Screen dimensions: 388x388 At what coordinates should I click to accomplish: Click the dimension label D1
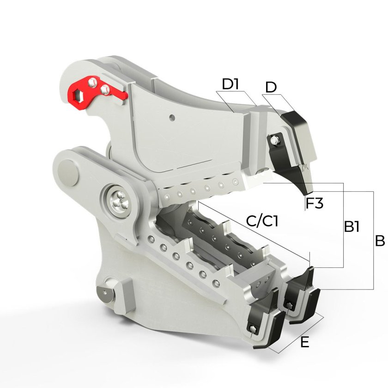point(230,84)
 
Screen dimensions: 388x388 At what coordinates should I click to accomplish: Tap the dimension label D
point(271,87)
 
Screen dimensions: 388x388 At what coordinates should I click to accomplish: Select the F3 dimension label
point(315,203)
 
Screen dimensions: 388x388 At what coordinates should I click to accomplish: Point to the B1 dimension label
point(352,226)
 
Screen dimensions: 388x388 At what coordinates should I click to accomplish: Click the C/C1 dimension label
point(262,221)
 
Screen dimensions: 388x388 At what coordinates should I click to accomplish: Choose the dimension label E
point(304,343)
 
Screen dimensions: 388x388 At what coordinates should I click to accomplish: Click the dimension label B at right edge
point(380,241)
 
